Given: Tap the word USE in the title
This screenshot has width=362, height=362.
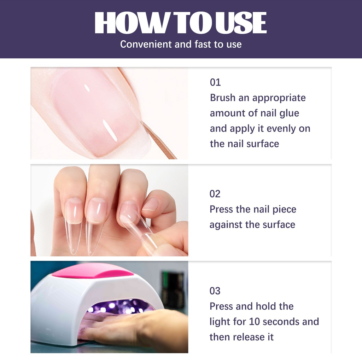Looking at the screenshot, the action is pyautogui.click(x=241, y=23).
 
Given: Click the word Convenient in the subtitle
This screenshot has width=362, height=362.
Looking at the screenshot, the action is pyautogui.click(x=146, y=44).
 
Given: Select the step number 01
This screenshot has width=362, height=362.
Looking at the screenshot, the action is pyautogui.click(x=215, y=82).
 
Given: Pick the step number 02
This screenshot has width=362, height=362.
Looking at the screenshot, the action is pyautogui.click(x=215, y=194).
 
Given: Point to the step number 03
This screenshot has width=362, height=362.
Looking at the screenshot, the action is pyautogui.click(x=215, y=291).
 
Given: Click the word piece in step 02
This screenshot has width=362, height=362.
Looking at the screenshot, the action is pyautogui.click(x=284, y=210).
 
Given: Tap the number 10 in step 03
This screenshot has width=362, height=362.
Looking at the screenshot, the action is pyautogui.click(x=255, y=322).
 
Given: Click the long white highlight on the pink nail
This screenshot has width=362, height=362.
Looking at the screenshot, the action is pyautogui.click(x=110, y=130).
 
